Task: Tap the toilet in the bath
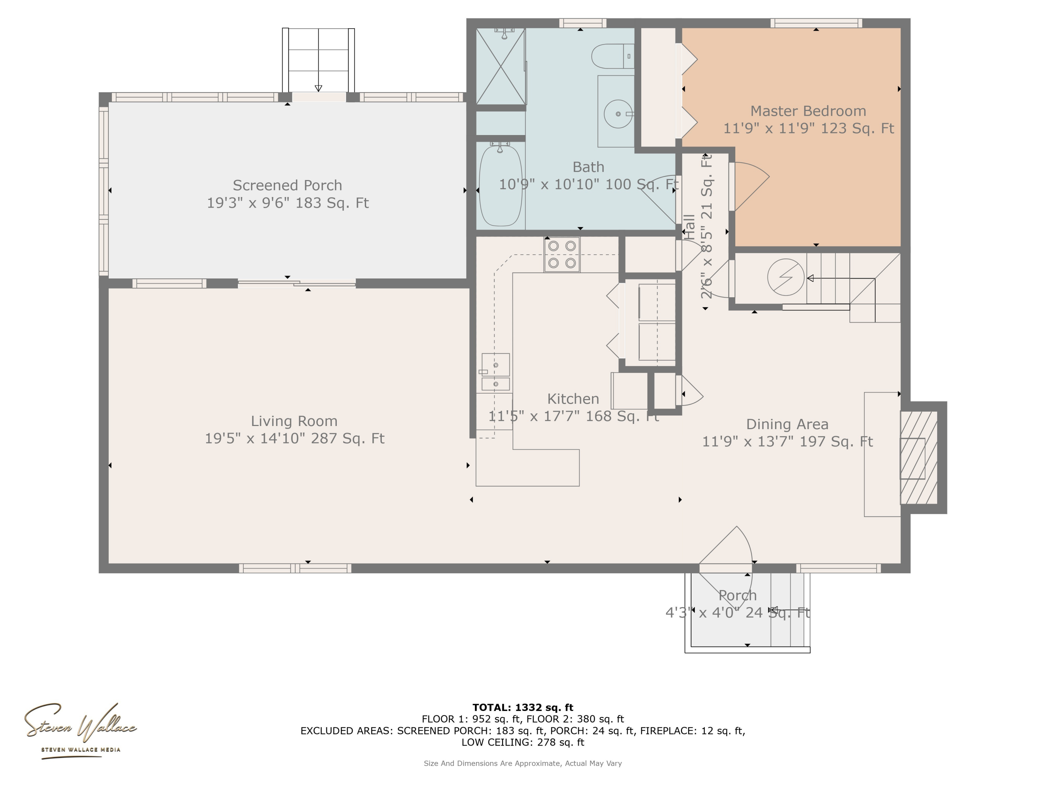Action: point(612,56)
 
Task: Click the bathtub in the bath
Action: point(500,186)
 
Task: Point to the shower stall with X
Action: point(500,66)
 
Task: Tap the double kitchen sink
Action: point(495,372)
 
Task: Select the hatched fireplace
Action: point(918,457)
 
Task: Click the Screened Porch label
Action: point(287,185)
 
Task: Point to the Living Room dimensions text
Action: point(294,439)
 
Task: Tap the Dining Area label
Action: point(787,425)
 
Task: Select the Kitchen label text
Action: point(573,399)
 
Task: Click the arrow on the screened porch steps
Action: point(318,88)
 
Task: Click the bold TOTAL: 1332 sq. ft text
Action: point(523,708)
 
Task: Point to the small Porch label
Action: point(737,595)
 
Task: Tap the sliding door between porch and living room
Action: point(296,283)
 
